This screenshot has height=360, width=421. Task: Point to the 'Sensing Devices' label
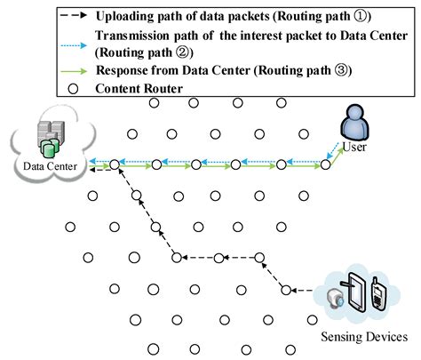click(x=363, y=337)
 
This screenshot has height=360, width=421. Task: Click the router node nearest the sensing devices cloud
click(x=286, y=290)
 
